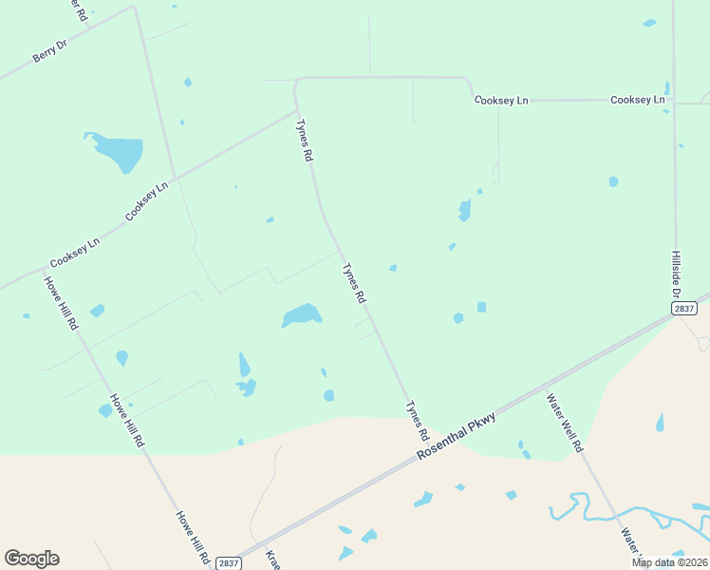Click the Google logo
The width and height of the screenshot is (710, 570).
click(31, 559)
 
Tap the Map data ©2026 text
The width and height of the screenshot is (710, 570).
click(668, 562)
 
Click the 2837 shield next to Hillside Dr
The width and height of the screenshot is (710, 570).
click(683, 308)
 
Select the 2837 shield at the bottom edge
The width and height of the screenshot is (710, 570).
click(228, 563)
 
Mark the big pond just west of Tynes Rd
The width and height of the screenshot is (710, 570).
click(303, 314)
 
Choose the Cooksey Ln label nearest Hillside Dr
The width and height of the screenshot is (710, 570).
click(638, 100)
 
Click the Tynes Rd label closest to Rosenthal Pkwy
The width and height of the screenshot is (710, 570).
click(417, 420)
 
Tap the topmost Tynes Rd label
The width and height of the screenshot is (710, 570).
click(304, 141)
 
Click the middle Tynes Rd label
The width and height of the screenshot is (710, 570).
click(354, 283)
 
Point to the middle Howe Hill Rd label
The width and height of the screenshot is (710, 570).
click(126, 421)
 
